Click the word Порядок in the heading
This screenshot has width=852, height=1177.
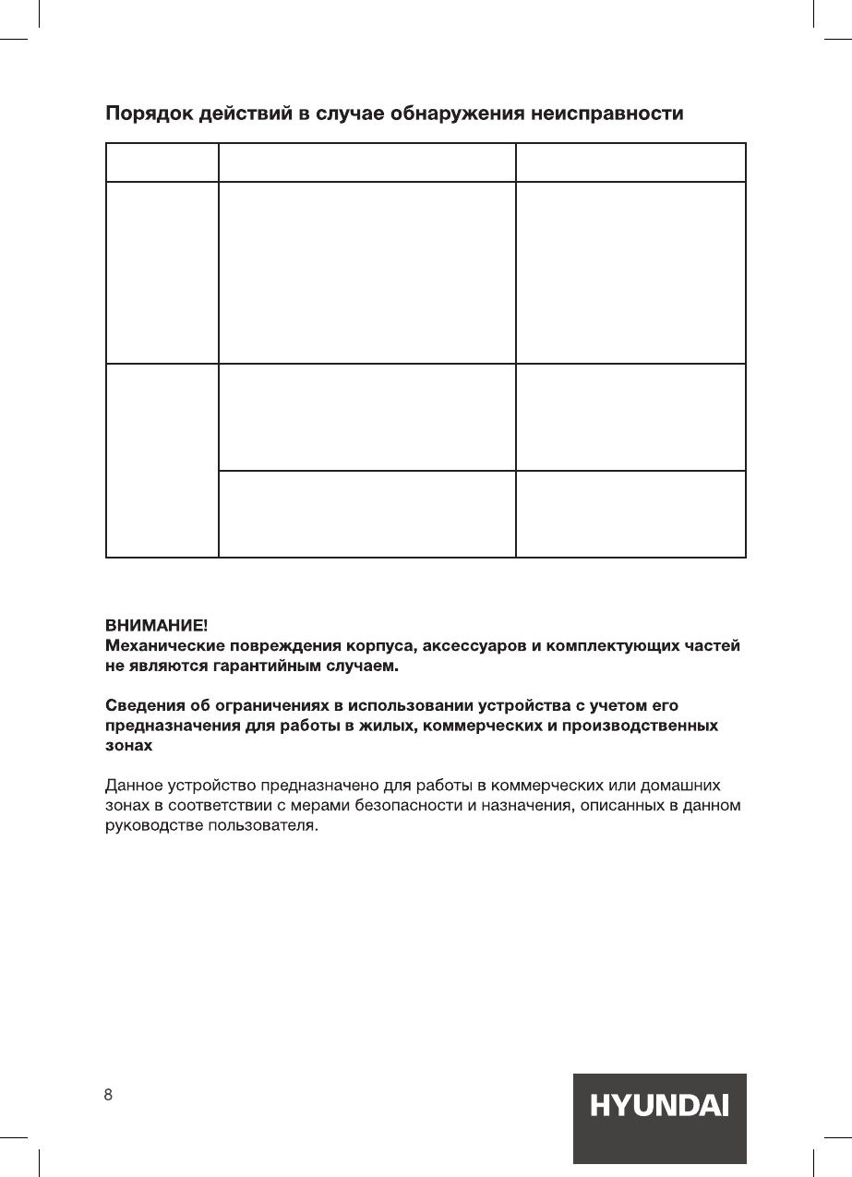[x=148, y=115]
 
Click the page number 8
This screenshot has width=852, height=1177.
[x=108, y=1096]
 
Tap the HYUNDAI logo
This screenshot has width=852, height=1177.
[x=659, y=1106]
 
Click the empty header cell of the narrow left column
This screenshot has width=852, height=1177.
[x=162, y=162]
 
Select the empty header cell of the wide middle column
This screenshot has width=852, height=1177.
[x=366, y=162]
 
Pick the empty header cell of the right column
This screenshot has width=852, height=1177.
[x=630, y=162]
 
